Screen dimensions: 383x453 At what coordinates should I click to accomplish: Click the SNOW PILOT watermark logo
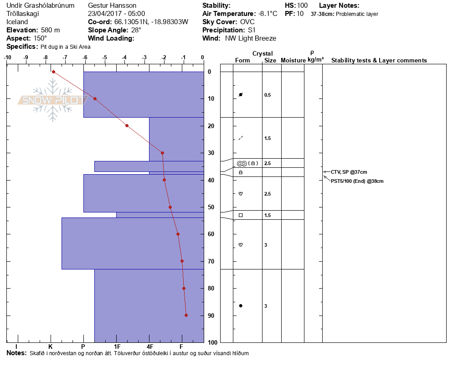53,100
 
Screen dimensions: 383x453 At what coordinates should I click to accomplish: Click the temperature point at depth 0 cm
53,72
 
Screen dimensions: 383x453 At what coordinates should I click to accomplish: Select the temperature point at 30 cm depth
162,153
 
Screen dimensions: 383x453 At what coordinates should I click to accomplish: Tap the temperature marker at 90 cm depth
186,315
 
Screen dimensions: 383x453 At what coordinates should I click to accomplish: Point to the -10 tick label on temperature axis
7,58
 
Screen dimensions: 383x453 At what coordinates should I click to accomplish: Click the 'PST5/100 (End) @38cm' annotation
357,181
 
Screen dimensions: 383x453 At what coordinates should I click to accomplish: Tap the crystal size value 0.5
268,95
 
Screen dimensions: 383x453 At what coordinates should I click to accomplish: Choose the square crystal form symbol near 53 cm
241,215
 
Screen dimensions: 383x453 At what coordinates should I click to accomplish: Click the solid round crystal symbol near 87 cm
241,305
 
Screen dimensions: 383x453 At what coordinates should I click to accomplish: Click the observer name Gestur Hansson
112,5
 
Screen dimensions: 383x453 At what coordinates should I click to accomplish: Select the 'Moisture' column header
293,61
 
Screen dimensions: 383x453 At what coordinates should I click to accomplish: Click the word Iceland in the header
17,22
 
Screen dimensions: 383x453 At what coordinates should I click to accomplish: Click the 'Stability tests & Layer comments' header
379,61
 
